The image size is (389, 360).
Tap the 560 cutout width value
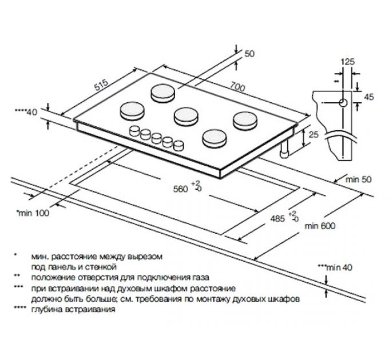click(181, 190)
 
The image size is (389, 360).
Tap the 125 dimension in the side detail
click(346, 61)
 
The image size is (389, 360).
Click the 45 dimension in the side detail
click(368, 97)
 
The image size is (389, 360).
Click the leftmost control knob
click(136, 131)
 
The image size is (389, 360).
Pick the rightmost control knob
click(179, 144)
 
